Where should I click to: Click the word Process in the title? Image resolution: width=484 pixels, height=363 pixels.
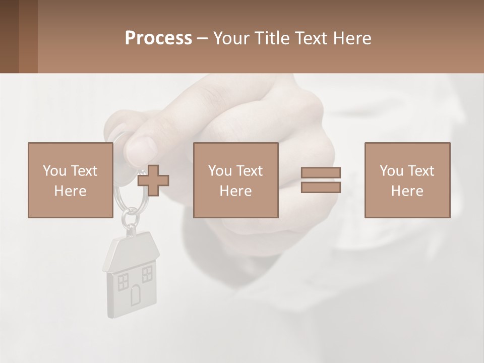pos(158,38)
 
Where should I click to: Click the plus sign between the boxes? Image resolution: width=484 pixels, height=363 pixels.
pos(153,181)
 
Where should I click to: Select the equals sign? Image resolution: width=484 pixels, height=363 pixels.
pos(321,180)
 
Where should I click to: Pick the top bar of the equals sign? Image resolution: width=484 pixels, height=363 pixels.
pos(321,173)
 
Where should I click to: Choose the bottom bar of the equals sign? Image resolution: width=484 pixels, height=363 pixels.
pos(321,188)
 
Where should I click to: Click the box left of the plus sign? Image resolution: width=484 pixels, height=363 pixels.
pos(70,180)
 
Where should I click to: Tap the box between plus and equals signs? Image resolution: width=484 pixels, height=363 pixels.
pos(235,180)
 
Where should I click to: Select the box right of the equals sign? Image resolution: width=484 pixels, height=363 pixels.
pos(407,180)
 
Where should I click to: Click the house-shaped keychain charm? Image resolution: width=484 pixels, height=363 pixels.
pos(131,275)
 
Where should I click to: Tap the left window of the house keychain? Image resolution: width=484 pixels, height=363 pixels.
pos(123,282)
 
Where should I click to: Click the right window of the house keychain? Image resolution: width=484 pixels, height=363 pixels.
pos(147,274)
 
